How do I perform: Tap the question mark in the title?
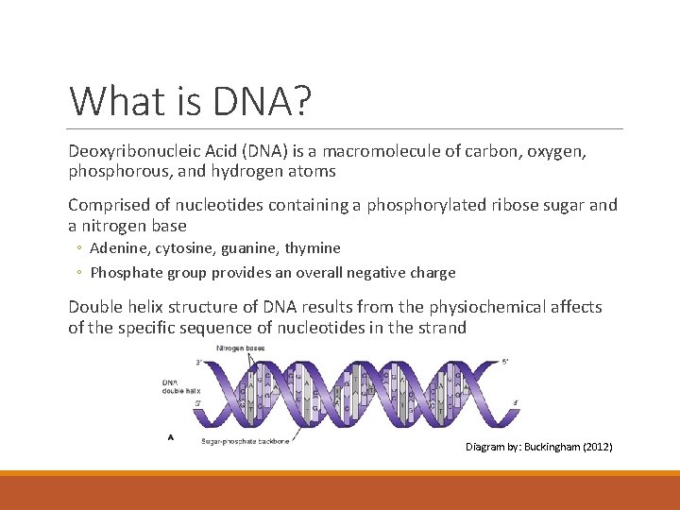tap(301, 101)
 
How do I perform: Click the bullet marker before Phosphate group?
tap(80, 273)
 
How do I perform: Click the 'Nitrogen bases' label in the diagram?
tap(241, 348)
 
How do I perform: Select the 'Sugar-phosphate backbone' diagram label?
tap(246, 440)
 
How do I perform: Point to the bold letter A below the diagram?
tap(170, 437)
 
